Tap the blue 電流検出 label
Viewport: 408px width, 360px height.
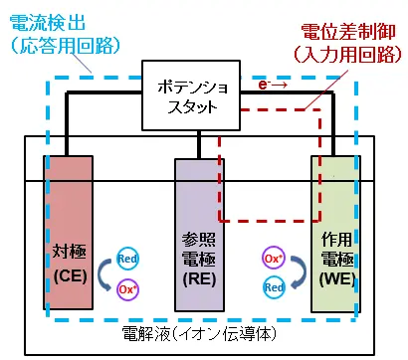39,20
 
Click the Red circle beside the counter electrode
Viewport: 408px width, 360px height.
126,258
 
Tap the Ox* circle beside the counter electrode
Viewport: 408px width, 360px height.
127,288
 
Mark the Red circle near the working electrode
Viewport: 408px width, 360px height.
274,288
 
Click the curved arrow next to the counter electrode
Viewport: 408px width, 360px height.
102,274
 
